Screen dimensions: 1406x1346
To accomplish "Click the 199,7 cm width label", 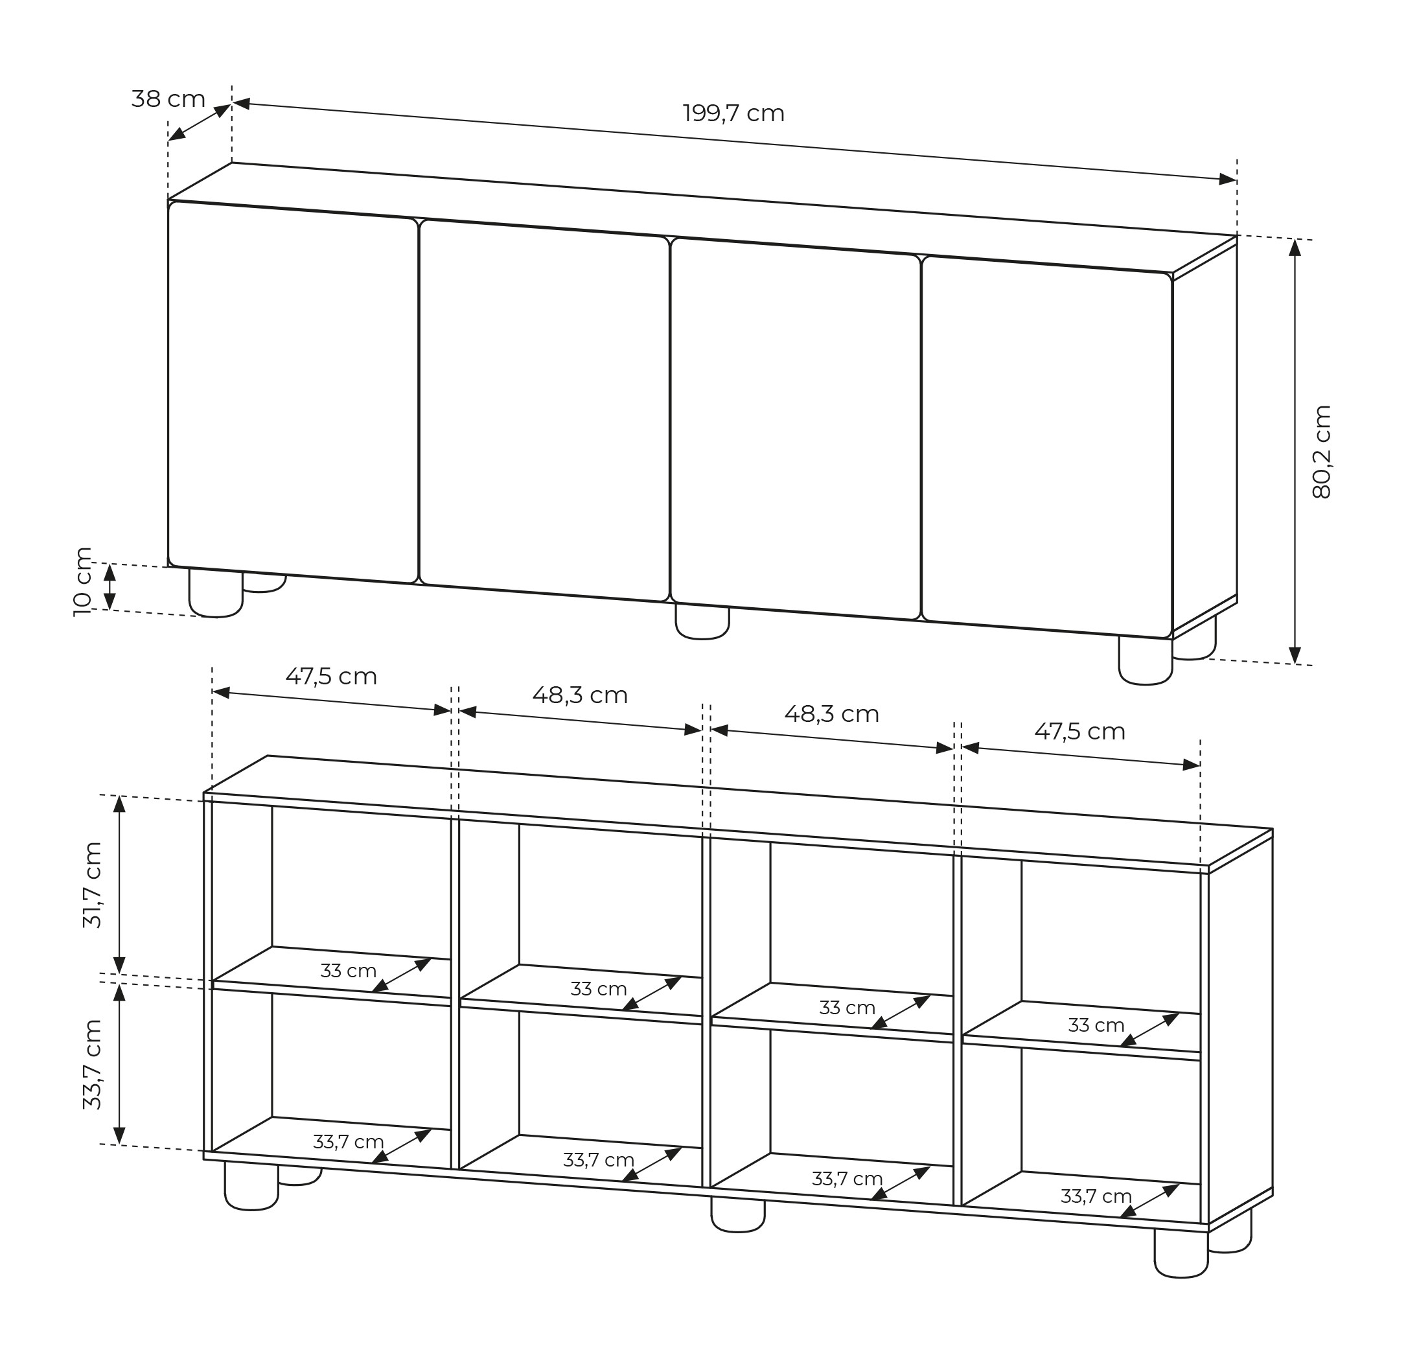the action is click(x=733, y=113).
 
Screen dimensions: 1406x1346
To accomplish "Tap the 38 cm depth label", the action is click(x=168, y=99).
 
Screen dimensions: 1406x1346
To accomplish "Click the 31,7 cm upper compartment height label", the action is click(x=93, y=885).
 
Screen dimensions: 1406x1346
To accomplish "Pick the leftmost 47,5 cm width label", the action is click(x=332, y=677).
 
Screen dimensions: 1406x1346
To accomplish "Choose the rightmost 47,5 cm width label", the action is click(x=1079, y=731).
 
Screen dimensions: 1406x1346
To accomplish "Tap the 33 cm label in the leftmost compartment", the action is click(x=349, y=971).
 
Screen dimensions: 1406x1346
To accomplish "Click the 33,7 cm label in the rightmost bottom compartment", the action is click(x=1096, y=1196).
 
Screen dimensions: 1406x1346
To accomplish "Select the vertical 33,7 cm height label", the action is click(x=93, y=1064).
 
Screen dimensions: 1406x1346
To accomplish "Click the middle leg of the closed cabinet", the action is click(x=702, y=622).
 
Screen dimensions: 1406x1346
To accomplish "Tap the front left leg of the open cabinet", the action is click(x=251, y=1186).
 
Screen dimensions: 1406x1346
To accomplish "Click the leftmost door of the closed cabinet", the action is click(x=293, y=391).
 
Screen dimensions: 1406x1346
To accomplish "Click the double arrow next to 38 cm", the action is click(x=200, y=122).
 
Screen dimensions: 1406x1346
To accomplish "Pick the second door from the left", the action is click(x=544, y=410).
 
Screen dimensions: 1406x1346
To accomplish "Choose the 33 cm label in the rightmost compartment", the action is click(x=1096, y=1025).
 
